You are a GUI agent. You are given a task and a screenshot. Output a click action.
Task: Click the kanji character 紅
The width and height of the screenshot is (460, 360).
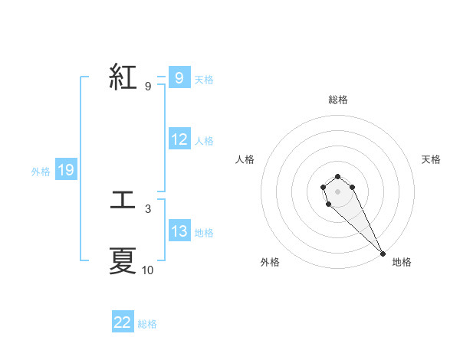(x=123, y=77)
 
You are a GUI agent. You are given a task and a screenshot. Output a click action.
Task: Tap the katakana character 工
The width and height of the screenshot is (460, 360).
(x=123, y=201)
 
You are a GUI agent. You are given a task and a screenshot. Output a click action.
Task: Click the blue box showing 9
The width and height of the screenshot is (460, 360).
(x=179, y=78)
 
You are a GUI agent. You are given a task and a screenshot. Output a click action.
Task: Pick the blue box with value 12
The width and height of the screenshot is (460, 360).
(x=179, y=139)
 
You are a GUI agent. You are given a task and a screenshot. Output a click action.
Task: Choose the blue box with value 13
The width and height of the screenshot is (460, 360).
(x=179, y=231)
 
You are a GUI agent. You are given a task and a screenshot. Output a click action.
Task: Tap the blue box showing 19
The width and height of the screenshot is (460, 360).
(x=66, y=170)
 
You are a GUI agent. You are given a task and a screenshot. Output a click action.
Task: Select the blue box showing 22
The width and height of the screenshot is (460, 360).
(x=123, y=322)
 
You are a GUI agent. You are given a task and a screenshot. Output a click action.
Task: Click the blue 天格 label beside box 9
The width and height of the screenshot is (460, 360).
(x=204, y=80)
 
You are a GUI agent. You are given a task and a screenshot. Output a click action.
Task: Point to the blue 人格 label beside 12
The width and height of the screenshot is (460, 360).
(x=204, y=141)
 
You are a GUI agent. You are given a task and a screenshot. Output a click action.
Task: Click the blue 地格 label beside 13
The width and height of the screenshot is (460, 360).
(x=204, y=233)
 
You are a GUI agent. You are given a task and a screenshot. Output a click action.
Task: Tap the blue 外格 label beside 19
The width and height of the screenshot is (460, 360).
(x=41, y=172)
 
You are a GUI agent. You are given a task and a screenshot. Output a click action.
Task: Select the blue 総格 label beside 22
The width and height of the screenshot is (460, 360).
(x=147, y=324)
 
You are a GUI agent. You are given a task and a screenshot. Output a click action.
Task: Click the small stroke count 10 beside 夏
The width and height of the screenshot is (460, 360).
(x=148, y=270)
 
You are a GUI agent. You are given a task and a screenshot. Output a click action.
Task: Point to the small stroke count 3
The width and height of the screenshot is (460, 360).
(x=148, y=208)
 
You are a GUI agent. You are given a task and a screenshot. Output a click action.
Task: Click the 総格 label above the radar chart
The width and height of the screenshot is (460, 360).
(x=337, y=100)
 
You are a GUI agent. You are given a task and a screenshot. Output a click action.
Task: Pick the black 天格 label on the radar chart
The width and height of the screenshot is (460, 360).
(x=431, y=159)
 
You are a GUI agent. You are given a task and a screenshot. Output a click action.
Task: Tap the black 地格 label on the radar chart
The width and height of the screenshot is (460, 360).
(x=402, y=262)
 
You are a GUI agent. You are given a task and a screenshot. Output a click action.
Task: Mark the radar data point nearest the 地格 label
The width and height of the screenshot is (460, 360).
(x=383, y=254)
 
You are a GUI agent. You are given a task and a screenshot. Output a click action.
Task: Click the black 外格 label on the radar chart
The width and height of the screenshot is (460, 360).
(x=270, y=262)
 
